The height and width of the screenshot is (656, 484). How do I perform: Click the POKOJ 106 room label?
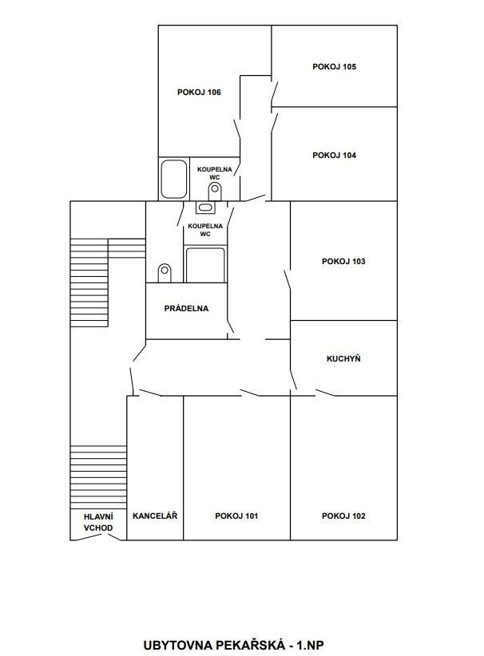tap(199, 92)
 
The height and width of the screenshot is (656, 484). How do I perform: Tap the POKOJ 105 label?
tap(334, 66)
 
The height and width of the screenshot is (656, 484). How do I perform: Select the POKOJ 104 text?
tap(334, 155)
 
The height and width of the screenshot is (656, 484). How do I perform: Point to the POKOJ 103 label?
tap(343, 262)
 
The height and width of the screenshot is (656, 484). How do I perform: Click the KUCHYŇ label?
tap(343, 358)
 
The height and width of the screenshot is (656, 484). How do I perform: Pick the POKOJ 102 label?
tap(343, 516)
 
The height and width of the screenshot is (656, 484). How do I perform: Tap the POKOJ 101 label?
tap(236, 516)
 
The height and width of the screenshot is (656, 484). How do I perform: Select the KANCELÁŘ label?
tap(155, 516)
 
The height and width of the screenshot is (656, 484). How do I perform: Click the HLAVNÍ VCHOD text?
tap(98, 522)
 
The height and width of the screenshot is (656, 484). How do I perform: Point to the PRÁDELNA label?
tap(186, 308)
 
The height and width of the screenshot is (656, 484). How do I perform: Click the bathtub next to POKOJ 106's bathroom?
tap(174, 179)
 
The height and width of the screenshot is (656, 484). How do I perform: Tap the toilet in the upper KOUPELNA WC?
tap(215, 192)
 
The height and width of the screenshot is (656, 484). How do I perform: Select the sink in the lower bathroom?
tap(205, 207)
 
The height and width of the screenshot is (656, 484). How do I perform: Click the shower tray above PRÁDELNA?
tap(205, 265)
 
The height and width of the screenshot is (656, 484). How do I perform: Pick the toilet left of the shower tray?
tap(165, 273)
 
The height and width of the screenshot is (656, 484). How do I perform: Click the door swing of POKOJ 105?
tap(275, 91)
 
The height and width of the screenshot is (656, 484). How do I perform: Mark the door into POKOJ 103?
tap(288, 280)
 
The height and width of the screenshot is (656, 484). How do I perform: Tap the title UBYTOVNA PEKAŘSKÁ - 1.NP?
tap(233, 645)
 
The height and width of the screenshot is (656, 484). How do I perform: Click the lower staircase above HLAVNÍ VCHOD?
tap(98, 477)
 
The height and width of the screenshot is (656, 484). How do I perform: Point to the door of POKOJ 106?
tap(237, 128)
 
